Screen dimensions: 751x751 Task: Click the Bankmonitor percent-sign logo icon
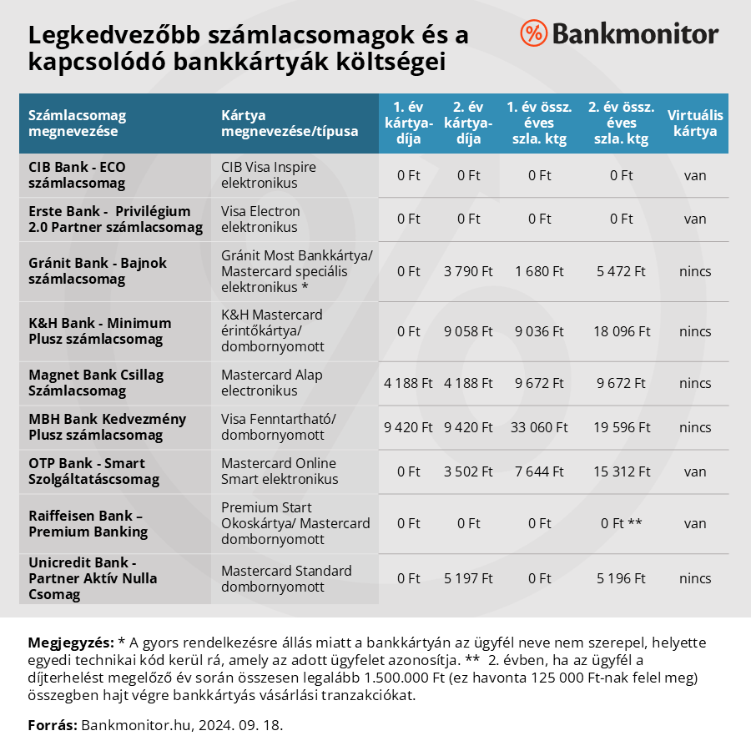[x=533, y=33]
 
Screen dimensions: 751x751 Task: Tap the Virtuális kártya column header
[x=695, y=123]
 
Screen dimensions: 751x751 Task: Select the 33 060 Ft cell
[x=539, y=428]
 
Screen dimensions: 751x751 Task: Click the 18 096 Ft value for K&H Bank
[x=622, y=331]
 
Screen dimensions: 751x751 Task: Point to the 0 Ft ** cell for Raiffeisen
[x=622, y=523]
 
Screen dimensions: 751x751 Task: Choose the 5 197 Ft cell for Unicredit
[x=469, y=578]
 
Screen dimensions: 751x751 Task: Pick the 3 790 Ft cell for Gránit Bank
[x=469, y=271]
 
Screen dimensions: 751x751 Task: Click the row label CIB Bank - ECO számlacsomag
[x=77, y=175]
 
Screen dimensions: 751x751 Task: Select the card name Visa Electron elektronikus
[x=260, y=219]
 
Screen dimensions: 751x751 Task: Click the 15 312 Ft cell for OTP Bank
[x=622, y=471]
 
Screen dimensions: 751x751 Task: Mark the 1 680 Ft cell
[x=539, y=271]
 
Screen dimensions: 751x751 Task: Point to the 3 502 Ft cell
[x=469, y=471]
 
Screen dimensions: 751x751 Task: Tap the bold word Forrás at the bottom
[x=53, y=724]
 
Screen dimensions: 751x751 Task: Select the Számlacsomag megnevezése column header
[x=77, y=123]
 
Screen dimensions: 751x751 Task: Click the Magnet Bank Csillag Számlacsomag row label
[x=96, y=384]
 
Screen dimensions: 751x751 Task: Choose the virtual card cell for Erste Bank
[x=695, y=219]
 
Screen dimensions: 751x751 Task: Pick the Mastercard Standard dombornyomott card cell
[x=286, y=578]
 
